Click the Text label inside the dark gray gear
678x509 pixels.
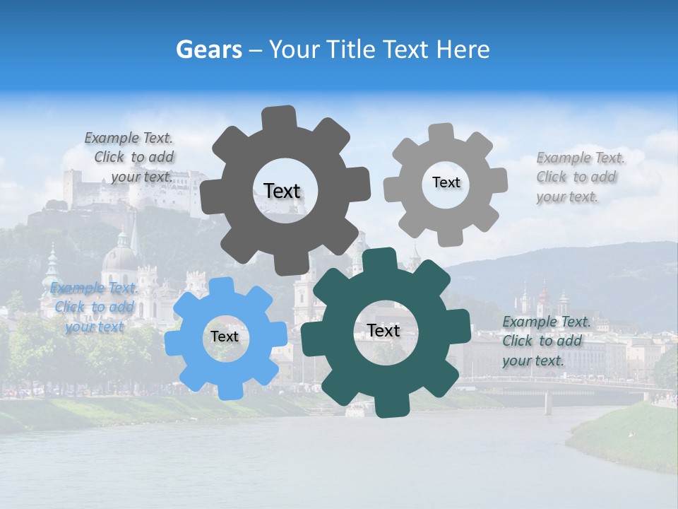[x=282, y=191]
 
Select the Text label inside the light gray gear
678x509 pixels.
[x=446, y=182]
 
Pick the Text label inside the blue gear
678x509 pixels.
[x=225, y=337]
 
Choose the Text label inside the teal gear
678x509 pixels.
[x=383, y=330]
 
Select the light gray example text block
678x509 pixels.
[x=579, y=177]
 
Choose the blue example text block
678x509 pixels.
[x=94, y=307]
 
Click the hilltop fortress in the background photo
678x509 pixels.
[x=99, y=187]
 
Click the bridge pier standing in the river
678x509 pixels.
[x=547, y=403]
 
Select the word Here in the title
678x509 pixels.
[x=463, y=49]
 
